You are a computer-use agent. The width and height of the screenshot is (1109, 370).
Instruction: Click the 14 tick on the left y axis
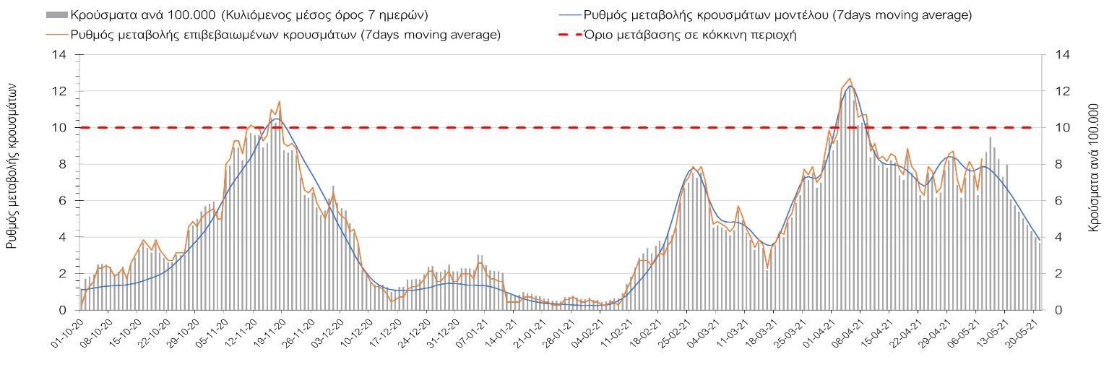[59, 55]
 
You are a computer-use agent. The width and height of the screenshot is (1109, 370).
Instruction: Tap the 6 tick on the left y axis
[63, 201]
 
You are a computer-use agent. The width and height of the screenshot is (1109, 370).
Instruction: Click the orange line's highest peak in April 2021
[850, 79]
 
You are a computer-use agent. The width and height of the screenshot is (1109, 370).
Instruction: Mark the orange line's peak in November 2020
[279, 102]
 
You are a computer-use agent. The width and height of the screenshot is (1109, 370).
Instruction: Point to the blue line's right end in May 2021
[1040, 240]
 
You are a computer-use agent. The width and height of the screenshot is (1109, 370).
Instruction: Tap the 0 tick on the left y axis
[63, 310]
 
